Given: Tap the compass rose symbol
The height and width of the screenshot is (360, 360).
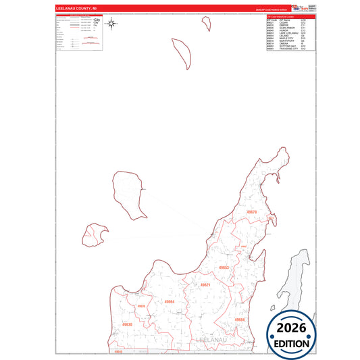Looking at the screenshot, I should [x=113, y=25].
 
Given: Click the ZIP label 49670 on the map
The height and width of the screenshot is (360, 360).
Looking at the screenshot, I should [x=252, y=212].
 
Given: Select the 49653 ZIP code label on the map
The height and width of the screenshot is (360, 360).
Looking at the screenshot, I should [x=224, y=268].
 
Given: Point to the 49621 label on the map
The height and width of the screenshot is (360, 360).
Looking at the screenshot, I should [x=205, y=285].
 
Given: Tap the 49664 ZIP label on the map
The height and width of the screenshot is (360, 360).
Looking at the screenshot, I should [x=170, y=301].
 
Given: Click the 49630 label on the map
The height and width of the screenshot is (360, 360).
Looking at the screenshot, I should [x=127, y=325].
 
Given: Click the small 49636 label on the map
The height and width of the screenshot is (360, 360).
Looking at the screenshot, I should [x=141, y=307].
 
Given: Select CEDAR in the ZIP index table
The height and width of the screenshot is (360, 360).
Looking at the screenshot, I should [x=286, y=23].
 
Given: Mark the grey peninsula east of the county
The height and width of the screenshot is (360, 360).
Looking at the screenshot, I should [x=301, y=284].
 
